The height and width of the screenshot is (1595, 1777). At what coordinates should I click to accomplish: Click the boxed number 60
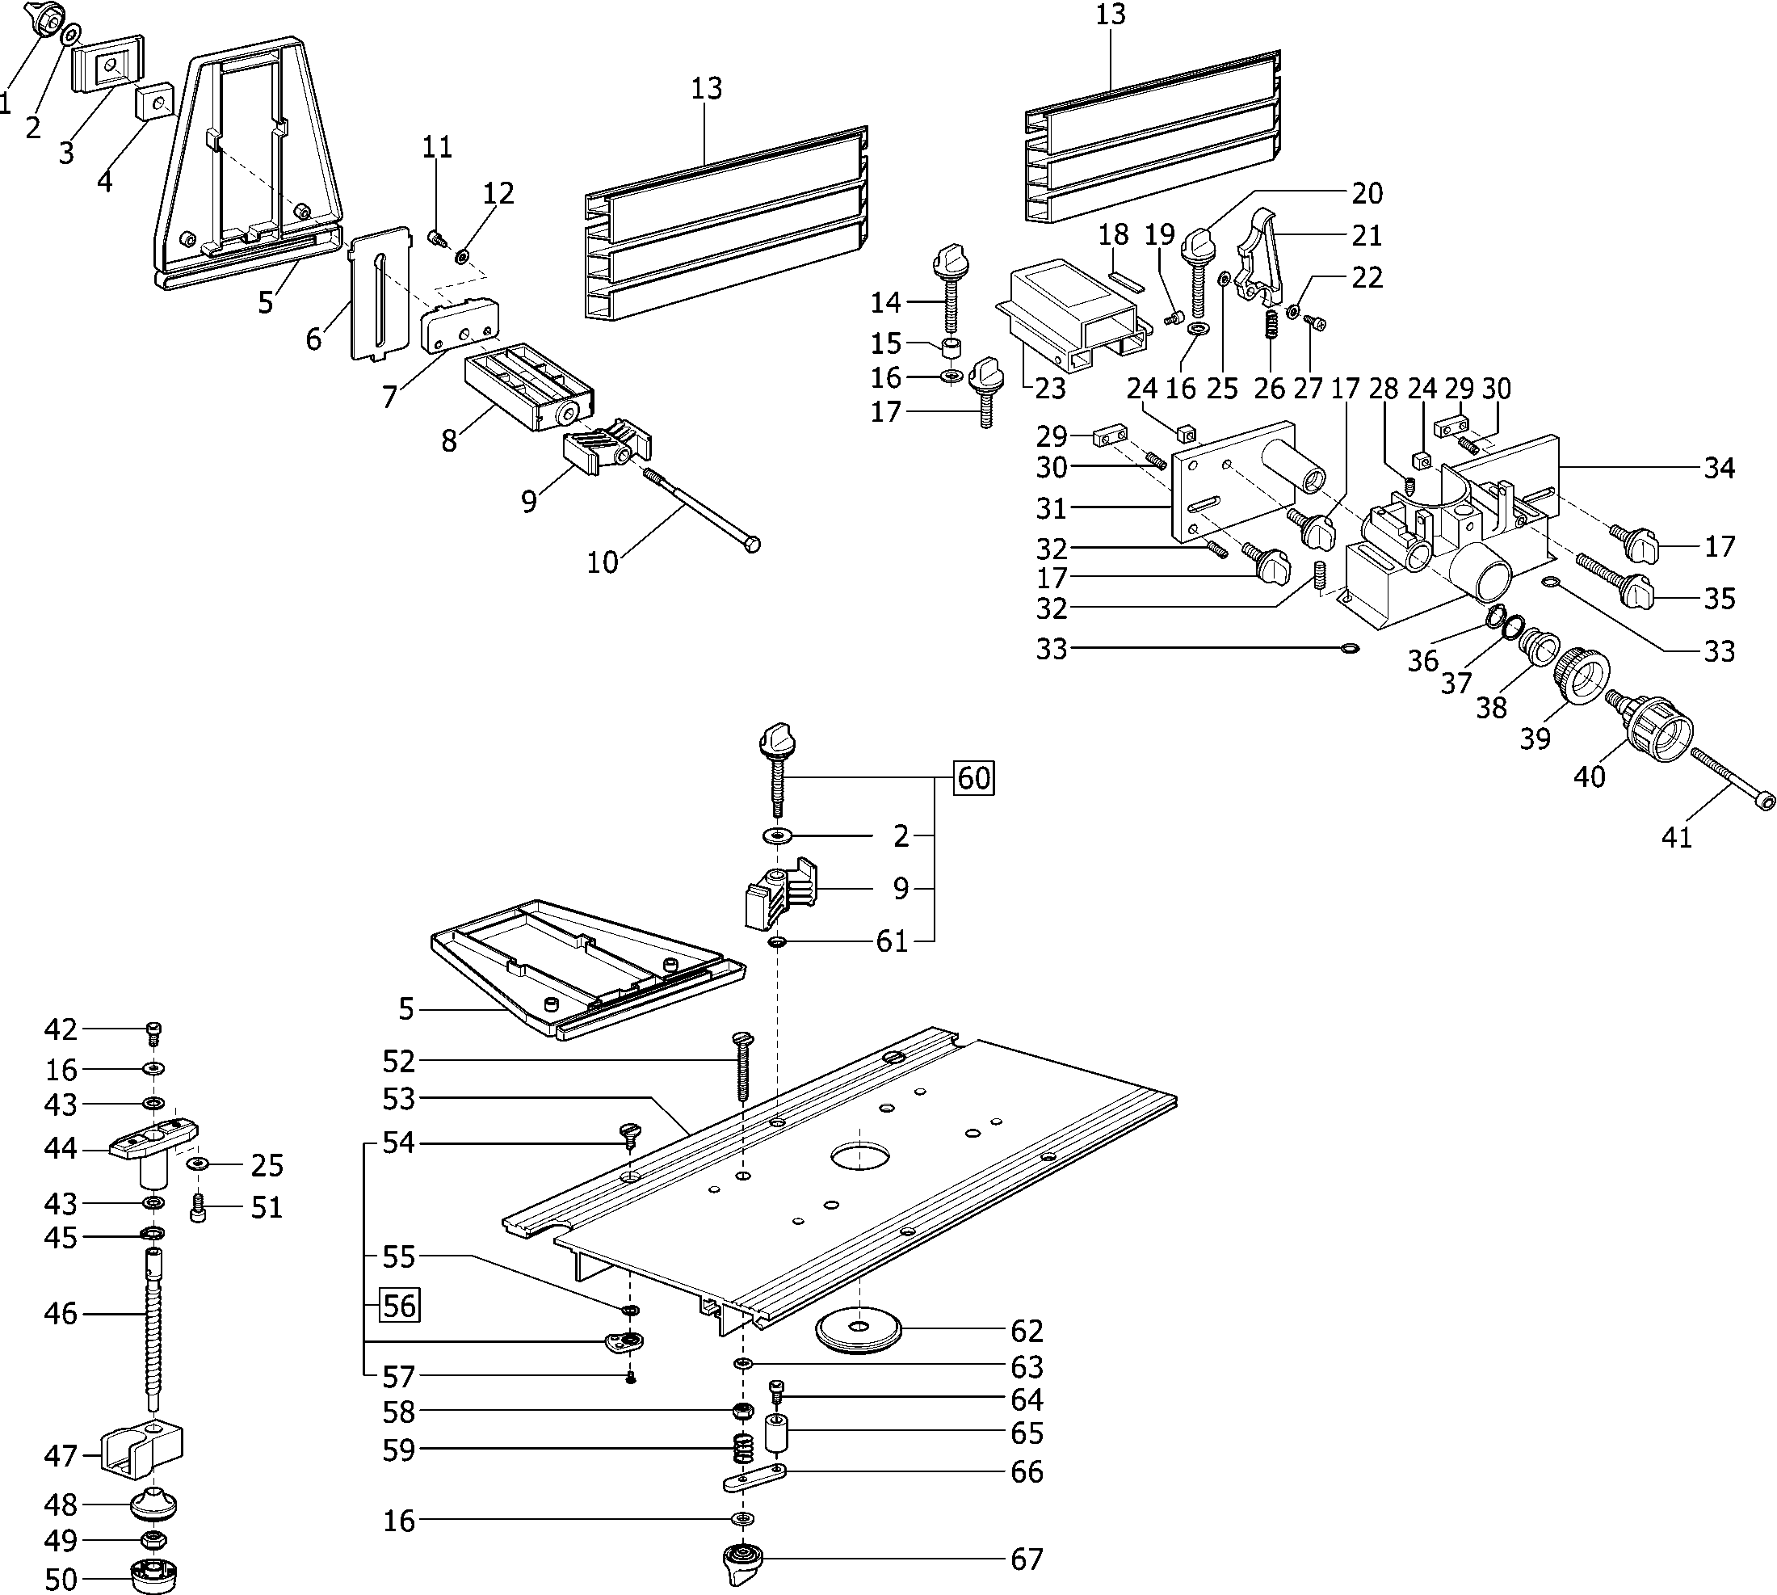(x=973, y=777)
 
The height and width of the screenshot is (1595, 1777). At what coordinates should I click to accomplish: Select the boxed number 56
(x=399, y=1306)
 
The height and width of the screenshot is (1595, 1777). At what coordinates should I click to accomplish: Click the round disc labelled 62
(x=859, y=1332)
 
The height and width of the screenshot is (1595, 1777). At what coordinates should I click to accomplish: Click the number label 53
(x=399, y=1098)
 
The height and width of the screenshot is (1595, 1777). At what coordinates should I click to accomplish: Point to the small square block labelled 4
(x=153, y=102)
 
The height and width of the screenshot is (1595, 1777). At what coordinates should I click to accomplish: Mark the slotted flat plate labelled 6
(x=380, y=293)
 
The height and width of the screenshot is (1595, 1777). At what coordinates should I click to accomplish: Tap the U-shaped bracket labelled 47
(x=142, y=1456)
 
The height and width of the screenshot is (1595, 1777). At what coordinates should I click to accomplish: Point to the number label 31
(x=1051, y=507)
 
